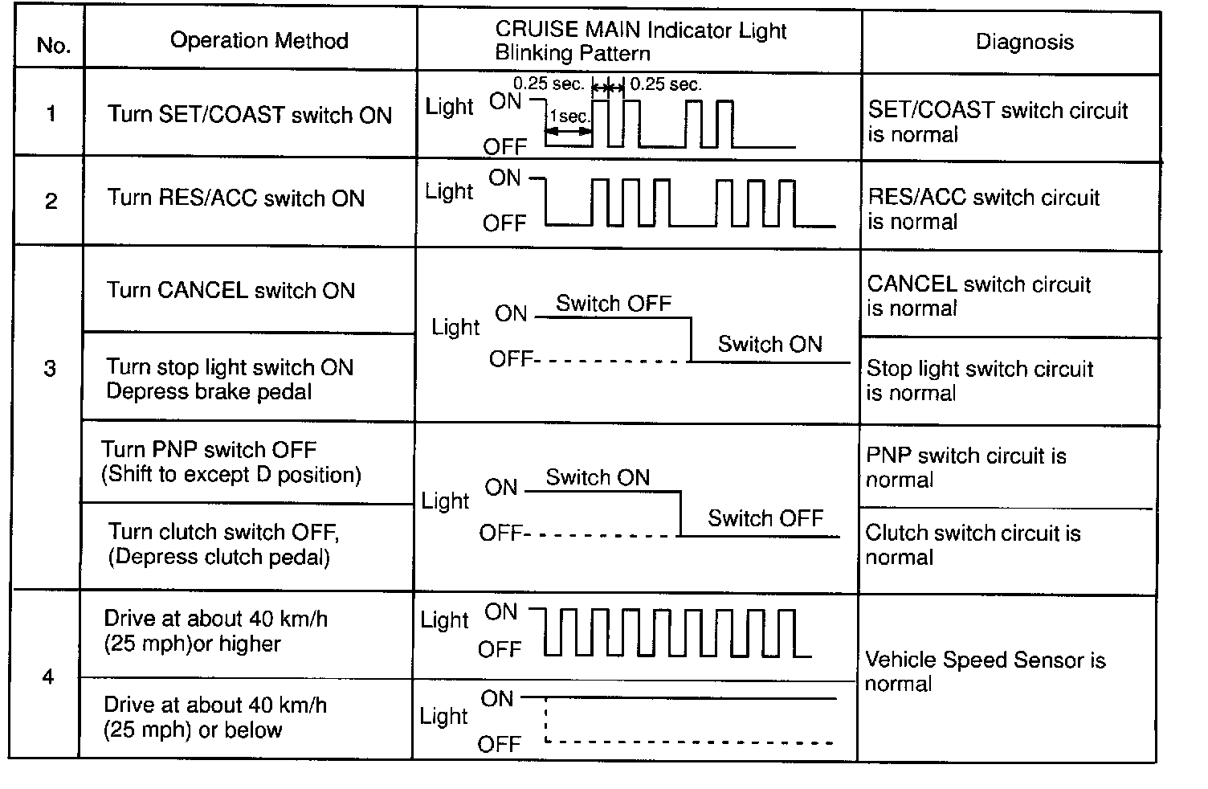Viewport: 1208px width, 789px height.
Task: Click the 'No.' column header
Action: pos(53,45)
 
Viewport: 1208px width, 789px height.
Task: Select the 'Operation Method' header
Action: pos(259,41)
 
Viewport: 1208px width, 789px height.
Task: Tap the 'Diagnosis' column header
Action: pos(1024,43)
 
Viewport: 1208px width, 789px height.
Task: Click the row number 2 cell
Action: pos(51,201)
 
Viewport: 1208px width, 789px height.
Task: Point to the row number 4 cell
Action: pos(48,677)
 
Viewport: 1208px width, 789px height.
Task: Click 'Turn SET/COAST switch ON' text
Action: pos(249,115)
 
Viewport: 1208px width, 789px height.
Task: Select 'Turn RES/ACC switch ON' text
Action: pos(235,198)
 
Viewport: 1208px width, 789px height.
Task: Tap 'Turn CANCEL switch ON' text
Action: pos(231,290)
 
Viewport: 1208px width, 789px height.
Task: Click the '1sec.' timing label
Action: pos(569,117)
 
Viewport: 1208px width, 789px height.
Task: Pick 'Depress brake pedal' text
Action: pos(209,391)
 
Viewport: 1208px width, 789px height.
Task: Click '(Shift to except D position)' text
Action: pos(231,474)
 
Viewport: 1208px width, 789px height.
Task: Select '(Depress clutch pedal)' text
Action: pos(218,557)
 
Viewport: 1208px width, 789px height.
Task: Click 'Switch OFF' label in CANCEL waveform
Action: pos(613,303)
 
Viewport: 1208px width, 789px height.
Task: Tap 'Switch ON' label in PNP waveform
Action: pos(597,477)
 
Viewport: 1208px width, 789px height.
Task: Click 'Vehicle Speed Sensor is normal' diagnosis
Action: pos(985,672)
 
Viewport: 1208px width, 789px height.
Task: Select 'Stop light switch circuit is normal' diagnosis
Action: pos(979,381)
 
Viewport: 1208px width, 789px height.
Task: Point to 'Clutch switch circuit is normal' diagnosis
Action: pos(973,545)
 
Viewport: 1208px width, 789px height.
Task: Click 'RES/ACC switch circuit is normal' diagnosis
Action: pos(983,210)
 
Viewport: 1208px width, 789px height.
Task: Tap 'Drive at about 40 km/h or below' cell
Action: pos(216,717)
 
